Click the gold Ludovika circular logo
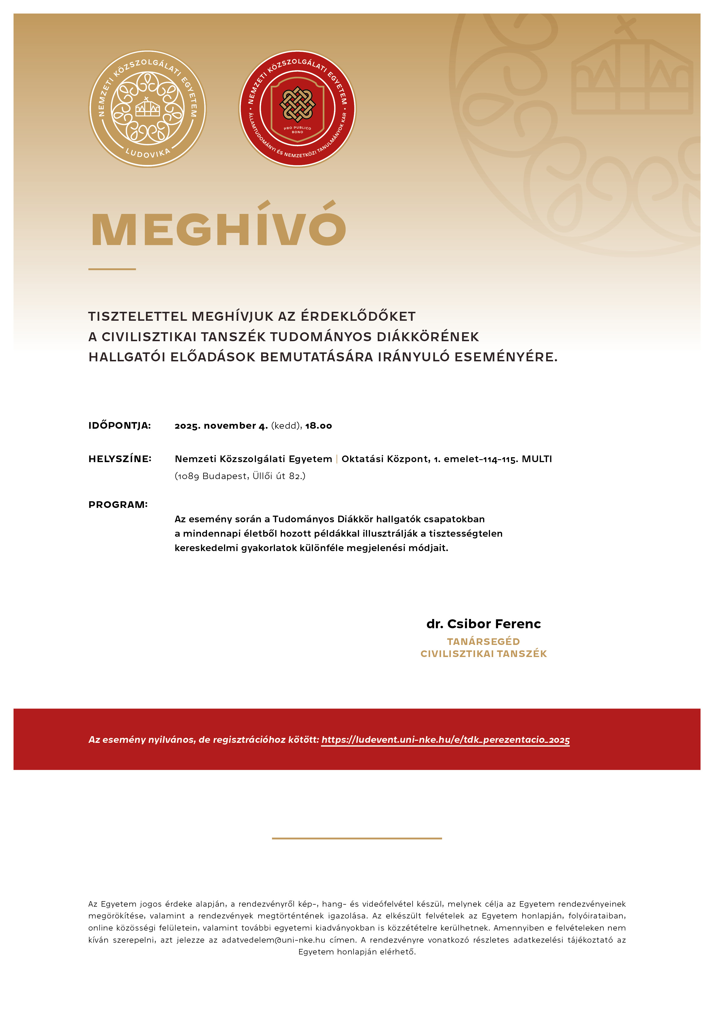pyautogui.click(x=147, y=109)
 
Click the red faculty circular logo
pyautogui.click(x=297, y=109)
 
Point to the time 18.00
pyautogui.click(x=318, y=425)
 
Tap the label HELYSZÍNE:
pyautogui.click(x=120, y=459)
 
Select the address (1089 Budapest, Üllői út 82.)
pyautogui.click(x=240, y=476)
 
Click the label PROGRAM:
pyautogui.click(x=118, y=504)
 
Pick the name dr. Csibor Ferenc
pyautogui.click(x=483, y=624)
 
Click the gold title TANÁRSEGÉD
pyautogui.click(x=483, y=641)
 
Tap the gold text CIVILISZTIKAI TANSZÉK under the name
pyautogui.click(x=483, y=654)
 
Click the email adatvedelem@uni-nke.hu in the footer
pyautogui.click(x=273, y=940)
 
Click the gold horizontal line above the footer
pyautogui.click(x=357, y=838)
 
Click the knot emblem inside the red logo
pyautogui.click(x=297, y=105)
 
